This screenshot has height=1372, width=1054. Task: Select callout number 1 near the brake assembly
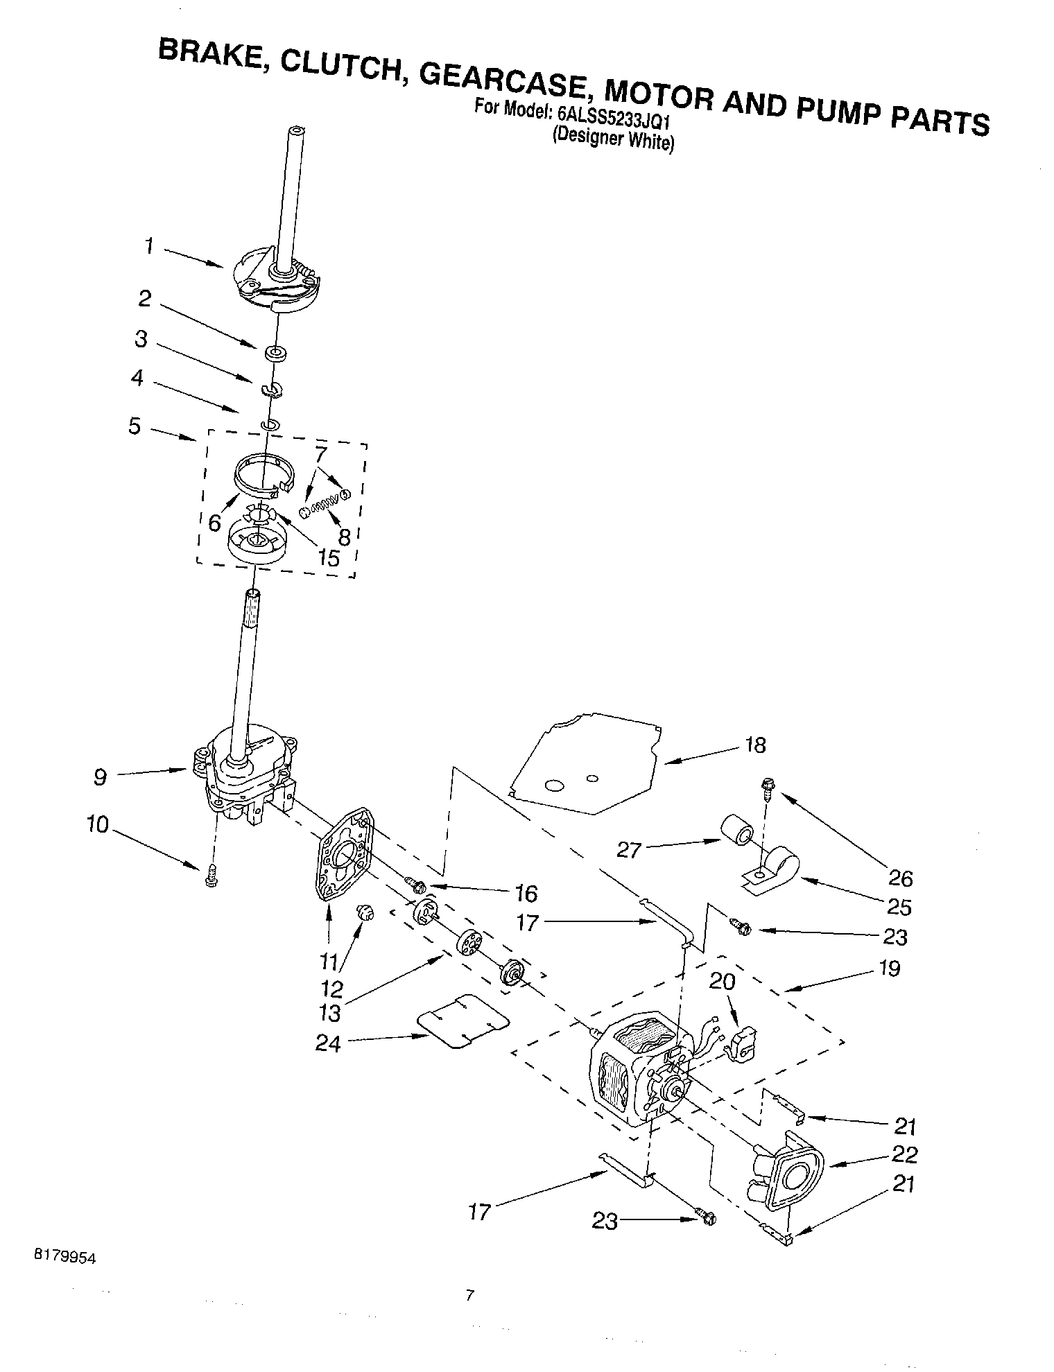[x=149, y=246]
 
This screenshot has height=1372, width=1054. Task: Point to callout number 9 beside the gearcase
[x=101, y=778]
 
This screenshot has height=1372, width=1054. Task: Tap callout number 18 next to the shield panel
[x=756, y=745]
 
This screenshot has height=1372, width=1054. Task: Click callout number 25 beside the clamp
[x=900, y=907]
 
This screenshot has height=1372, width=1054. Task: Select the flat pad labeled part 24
[x=463, y=1021]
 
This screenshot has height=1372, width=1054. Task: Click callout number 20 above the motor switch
[x=722, y=982]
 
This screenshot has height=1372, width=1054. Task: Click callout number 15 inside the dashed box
[x=329, y=558]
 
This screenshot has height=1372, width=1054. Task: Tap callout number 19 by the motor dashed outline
[x=890, y=968]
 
